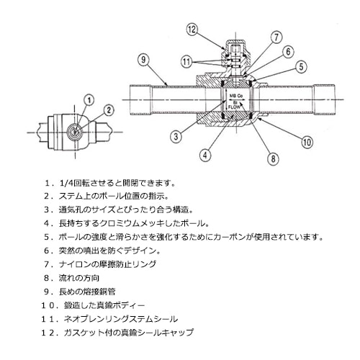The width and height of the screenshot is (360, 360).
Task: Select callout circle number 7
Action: click(x=277, y=36)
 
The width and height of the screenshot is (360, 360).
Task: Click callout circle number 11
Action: click(x=186, y=63)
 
